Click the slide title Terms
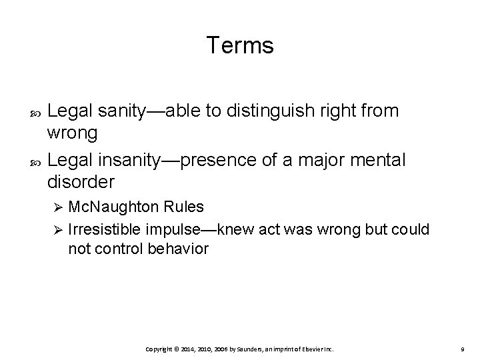pos(240,46)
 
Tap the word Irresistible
pos(103,229)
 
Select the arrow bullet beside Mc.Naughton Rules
pos(57,207)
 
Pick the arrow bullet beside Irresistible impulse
pos(57,229)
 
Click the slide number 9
pos(462,349)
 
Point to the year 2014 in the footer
pos(187,349)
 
